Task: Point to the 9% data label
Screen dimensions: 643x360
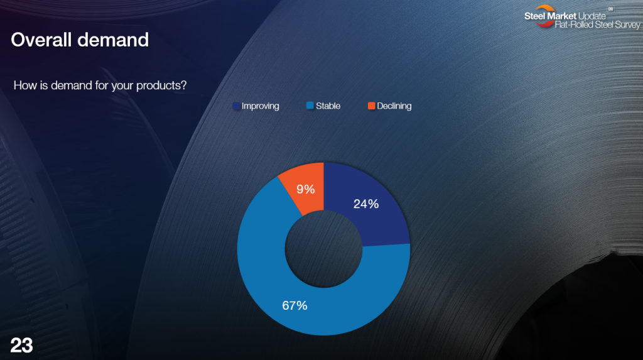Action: pyautogui.click(x=306, y=189)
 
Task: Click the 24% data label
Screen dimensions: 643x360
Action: pyautogui.click(x=366, y=204)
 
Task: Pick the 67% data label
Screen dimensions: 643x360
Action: pyautogui.click(x=294, y=305)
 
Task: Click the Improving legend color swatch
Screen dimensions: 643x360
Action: pyautogui.click(x=236, y=106)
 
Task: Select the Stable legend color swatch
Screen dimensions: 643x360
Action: pyautogui.click(x=310, y=106)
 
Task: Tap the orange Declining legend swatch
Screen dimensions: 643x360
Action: pyautogui.click(x=372, y=106)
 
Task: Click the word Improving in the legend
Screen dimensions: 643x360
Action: pyautogui.click(x=261, y=106)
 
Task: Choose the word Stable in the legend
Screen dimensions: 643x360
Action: pyautogui.click(x=328, y=106)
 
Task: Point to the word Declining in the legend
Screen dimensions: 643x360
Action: pyautogui.click(x=394, y=106)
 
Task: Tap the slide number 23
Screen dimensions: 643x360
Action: pyautogui.click(x=21, y=345)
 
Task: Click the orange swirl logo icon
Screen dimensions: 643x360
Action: pyautogui.click(x=544, y=16)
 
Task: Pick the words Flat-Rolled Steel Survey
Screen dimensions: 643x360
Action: pyautogui.click(x=598, y=25)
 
